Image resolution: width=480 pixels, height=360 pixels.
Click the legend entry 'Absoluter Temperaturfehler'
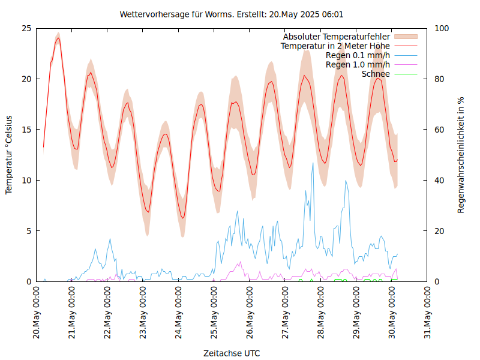(x=336, y=37)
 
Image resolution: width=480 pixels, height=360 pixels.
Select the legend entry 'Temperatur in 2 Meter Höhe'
(x=335, y=46)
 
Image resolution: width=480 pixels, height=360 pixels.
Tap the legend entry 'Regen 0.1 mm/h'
(x=357, y=55)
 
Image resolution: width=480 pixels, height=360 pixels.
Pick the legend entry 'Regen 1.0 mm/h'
(x=357, y=64)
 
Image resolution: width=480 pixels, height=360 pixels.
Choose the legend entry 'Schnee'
(x=376, y=74)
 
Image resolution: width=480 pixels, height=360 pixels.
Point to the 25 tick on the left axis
(x=26, y=28)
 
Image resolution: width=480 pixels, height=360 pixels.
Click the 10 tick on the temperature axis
(x=26, y=180)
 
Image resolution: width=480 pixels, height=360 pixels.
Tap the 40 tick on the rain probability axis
(x=439, y=180)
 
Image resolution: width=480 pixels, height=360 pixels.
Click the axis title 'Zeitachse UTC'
(x=232, y=353)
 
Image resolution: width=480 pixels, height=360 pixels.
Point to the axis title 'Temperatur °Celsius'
(x=9, y=155)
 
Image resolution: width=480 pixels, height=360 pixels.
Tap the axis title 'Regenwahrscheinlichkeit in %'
(x=461, y=155)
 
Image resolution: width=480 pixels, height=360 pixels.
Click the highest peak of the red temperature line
(x=58, y=38)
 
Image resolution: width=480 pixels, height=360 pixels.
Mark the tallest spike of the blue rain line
(x=313, y=163)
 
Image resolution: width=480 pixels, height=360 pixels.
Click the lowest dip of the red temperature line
(x=183, y=218)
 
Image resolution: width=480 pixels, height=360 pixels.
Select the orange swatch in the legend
(x=404, y=37)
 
